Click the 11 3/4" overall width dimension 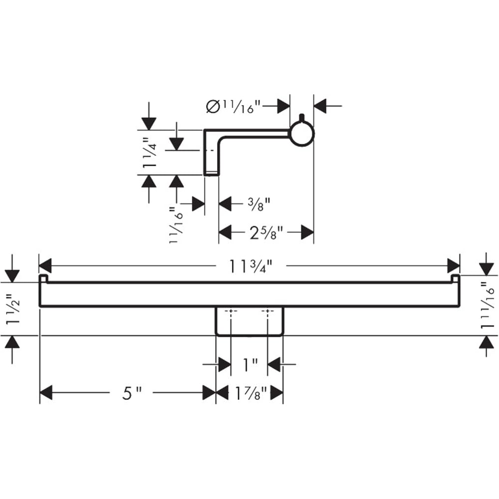[251, 266]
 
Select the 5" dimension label [132, 393]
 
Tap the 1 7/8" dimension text [250, 393]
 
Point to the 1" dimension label [250, 364]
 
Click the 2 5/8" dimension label [266, 233]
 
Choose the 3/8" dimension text [259, 204]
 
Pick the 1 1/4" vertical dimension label [150, 153]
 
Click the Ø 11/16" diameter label [233, 106]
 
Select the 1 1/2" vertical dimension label [13, 309]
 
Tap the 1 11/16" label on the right [487, 305]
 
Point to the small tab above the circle [302, 117]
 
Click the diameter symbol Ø [213, 106]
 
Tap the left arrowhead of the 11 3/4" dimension [45, 266]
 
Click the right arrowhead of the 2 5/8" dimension [307, 233]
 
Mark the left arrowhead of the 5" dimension [46, 393]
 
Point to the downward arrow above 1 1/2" [12, 268]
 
